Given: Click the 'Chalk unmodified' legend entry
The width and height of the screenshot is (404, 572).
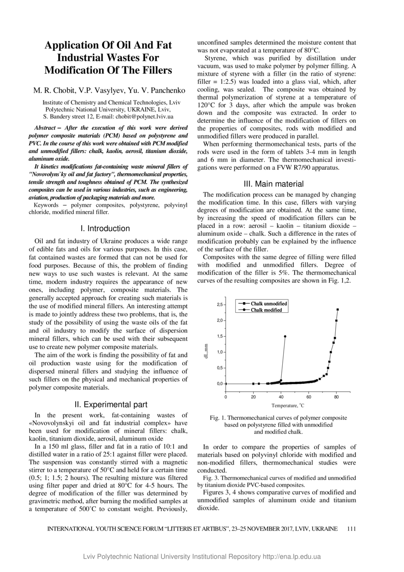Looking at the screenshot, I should [x=269, y=304].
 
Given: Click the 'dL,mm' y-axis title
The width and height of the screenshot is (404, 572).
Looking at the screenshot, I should [x=208, y=351].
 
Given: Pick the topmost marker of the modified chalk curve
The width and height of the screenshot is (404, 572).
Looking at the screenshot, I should [x=285, y=336].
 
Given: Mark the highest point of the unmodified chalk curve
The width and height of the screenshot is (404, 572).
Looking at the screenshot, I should [x=338, y=310].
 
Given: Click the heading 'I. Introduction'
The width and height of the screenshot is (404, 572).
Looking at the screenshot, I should [x=105, y=228].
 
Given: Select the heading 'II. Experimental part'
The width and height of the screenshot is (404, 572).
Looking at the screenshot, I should [x=111, y=405].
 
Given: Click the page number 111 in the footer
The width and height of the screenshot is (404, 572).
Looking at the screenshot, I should [x=351, y=529].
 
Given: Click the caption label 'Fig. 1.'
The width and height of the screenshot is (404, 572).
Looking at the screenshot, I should [x=218, y=418].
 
